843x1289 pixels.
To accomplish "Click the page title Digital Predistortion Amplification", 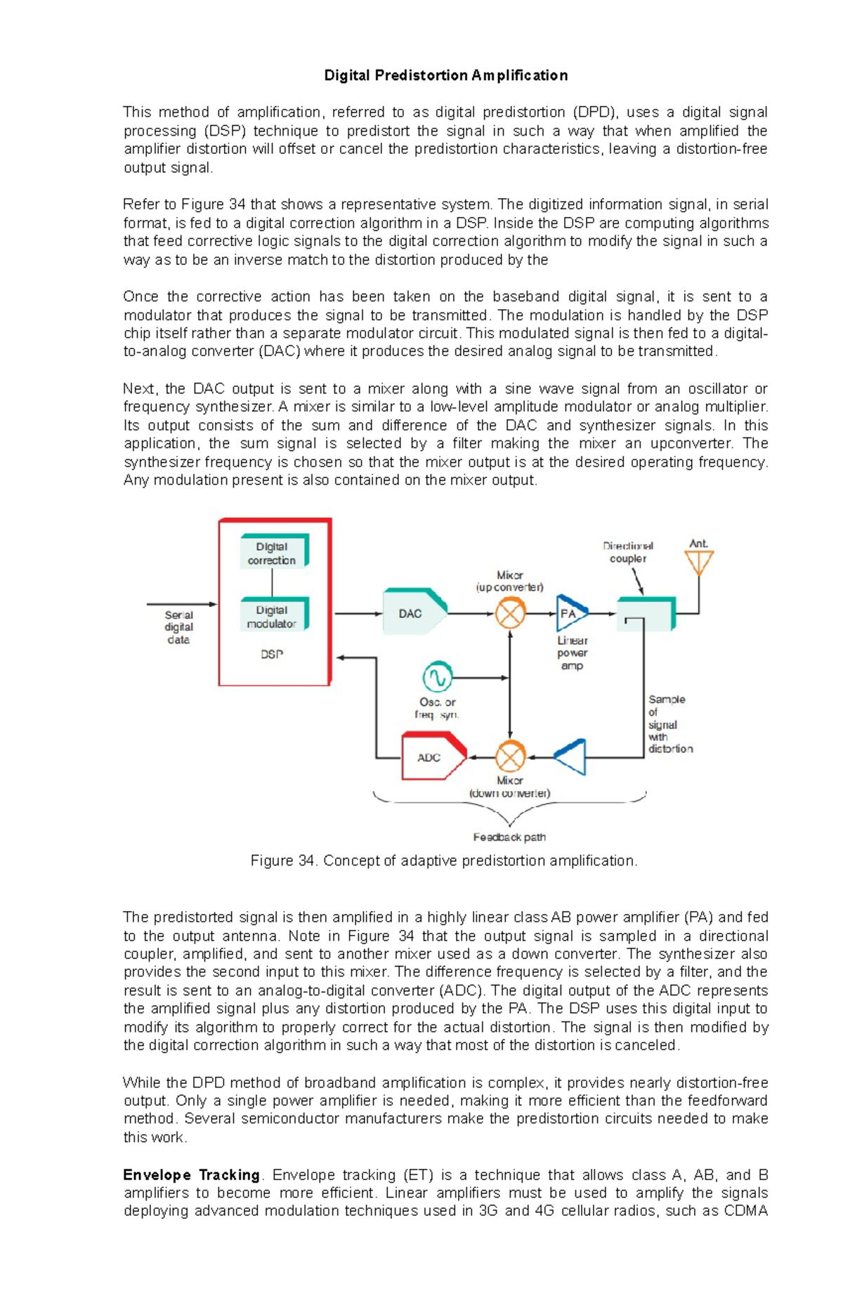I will point(445,75).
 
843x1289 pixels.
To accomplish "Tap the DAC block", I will point(413,613).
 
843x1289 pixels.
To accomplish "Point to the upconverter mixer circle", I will point(511,613).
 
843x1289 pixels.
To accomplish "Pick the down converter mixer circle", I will point(511,757).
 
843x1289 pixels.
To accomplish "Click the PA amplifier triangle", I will point(570,613).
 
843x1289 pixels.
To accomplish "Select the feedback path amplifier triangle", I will point(572,757).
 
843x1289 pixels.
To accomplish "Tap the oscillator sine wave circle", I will point(437,677).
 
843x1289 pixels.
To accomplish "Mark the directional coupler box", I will point(646,614).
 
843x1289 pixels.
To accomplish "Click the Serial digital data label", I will point(178,627).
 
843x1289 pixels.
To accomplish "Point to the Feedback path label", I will point(509,837).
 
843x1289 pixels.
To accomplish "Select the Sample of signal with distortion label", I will point(669,724).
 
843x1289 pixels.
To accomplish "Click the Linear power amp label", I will point(573,653).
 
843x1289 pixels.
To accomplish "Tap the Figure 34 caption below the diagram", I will point(444,861).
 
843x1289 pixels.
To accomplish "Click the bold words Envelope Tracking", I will point(191,1175).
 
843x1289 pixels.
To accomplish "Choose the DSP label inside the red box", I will point(272,655).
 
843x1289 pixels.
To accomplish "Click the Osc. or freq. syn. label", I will point(437,708).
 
